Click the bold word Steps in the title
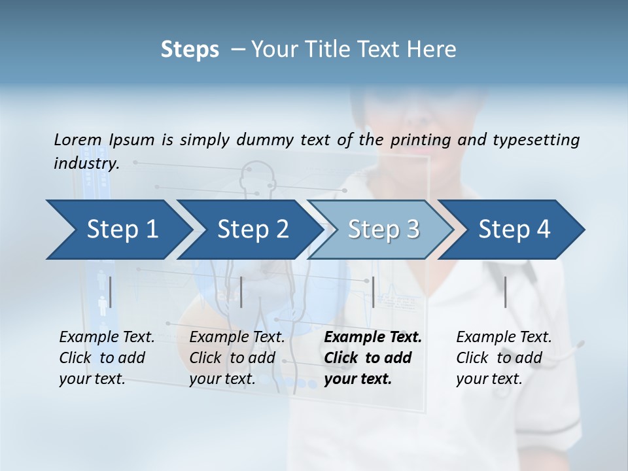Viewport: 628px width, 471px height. click(190, 50)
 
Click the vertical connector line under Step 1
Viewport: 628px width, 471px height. click(111, 292)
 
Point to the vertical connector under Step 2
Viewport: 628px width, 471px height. click(242, 292)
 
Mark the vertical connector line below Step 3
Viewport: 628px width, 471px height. click(374, 292)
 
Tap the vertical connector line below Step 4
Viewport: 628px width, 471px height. click(506, 292)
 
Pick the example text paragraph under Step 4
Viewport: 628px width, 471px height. click(504, 358)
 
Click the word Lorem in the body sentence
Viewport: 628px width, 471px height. click(78, 140)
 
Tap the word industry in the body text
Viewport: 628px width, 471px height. click(86, 164)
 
